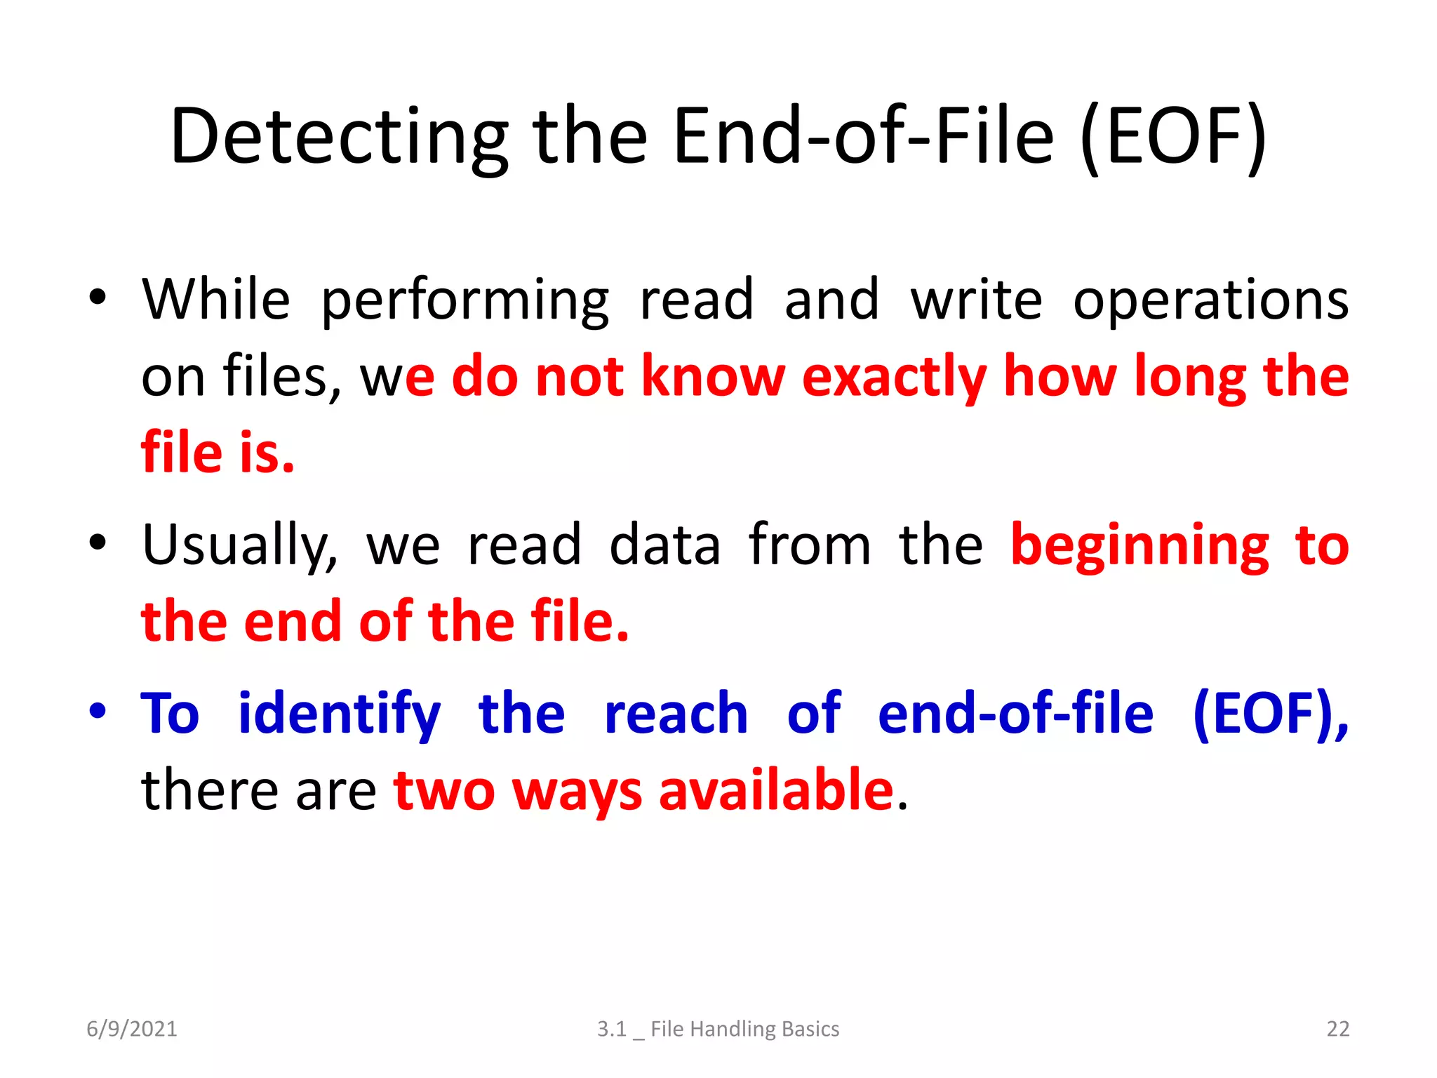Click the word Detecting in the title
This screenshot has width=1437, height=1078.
click(339, 137)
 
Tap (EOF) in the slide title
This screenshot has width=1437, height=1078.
click(1174, 137)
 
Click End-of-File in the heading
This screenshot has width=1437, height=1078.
click(863, 137)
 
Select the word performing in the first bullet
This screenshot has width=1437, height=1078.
click(464, 300)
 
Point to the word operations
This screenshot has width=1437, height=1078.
click(1210, 300)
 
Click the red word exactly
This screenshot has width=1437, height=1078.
click(894, 378)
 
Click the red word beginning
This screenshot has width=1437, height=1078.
click(1139, 546)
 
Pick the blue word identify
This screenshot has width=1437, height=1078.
click(339, 714)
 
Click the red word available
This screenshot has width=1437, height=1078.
click(776, 790)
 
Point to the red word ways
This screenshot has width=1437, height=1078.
click(577, 792)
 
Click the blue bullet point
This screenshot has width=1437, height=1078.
click(98, 710)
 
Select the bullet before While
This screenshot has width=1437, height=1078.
click(98, 297)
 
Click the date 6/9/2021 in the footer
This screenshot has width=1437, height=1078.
click(132, 1029)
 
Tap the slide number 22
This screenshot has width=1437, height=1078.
click(1337, 1029)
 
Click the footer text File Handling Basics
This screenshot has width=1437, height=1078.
click(744, 1029)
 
